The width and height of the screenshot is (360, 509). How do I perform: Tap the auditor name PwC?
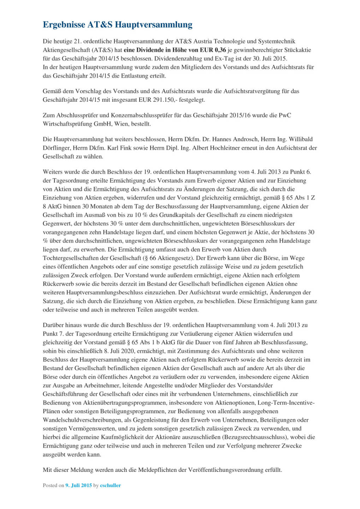point(285,115)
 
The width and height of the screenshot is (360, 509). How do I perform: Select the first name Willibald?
point(300,139)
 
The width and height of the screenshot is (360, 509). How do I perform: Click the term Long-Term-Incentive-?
point(286,403)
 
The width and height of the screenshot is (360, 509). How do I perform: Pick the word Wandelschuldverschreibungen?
point(82,420)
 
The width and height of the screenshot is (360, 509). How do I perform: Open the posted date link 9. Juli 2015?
point(78,486)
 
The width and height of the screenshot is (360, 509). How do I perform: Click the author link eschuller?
point(110,486)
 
